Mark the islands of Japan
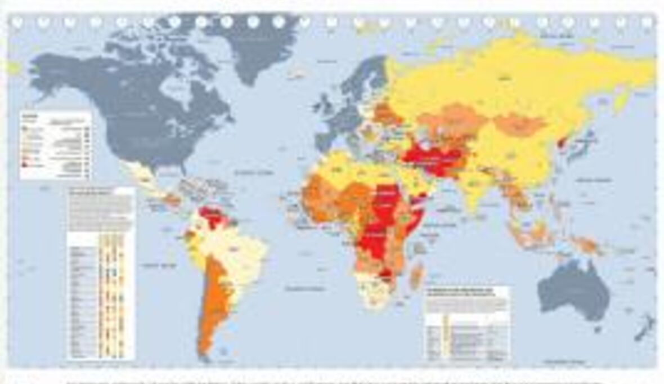(x=589, y=141)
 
